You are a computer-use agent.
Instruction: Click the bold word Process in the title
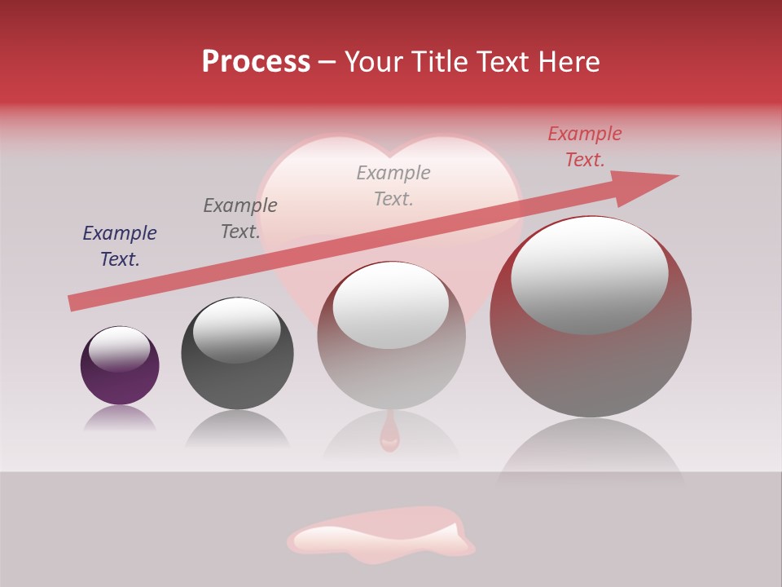(x=256, y=62)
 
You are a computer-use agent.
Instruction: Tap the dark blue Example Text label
(x=120, y=246)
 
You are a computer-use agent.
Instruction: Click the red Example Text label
(x=585, y=147)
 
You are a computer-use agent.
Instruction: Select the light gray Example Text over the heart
(x=393, y=185)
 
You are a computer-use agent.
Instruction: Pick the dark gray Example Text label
(x=240, y=218)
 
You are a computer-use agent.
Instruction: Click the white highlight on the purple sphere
(x=119, y=349)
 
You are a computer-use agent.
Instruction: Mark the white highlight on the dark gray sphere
(x=236, y=329)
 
